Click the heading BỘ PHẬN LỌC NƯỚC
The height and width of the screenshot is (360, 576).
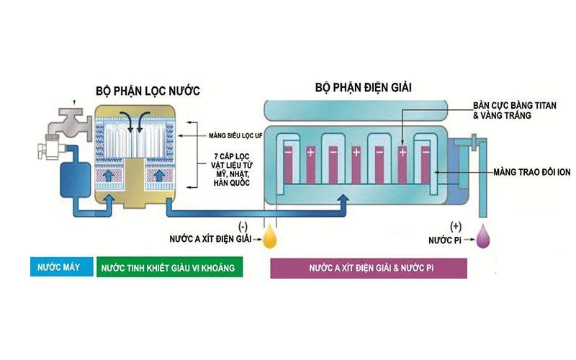pyautogui.click(x=147, y=91)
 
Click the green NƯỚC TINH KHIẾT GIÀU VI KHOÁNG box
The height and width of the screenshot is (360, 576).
pyautogui.click(x=169, y=267)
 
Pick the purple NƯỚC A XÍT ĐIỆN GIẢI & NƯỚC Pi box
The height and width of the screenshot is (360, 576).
pyautogui.click(x=369, y=267)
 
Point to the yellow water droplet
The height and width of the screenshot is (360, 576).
pyautogui.click(x=271, y=238)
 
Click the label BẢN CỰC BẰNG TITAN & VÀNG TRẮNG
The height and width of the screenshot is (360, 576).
pyautogui.click(x=502, y=109)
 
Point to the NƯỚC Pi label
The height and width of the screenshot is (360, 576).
pyautogui.click(x=446, y=238)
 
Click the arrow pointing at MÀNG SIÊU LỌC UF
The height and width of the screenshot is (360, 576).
pyautogui.click(x=191, y=135)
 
